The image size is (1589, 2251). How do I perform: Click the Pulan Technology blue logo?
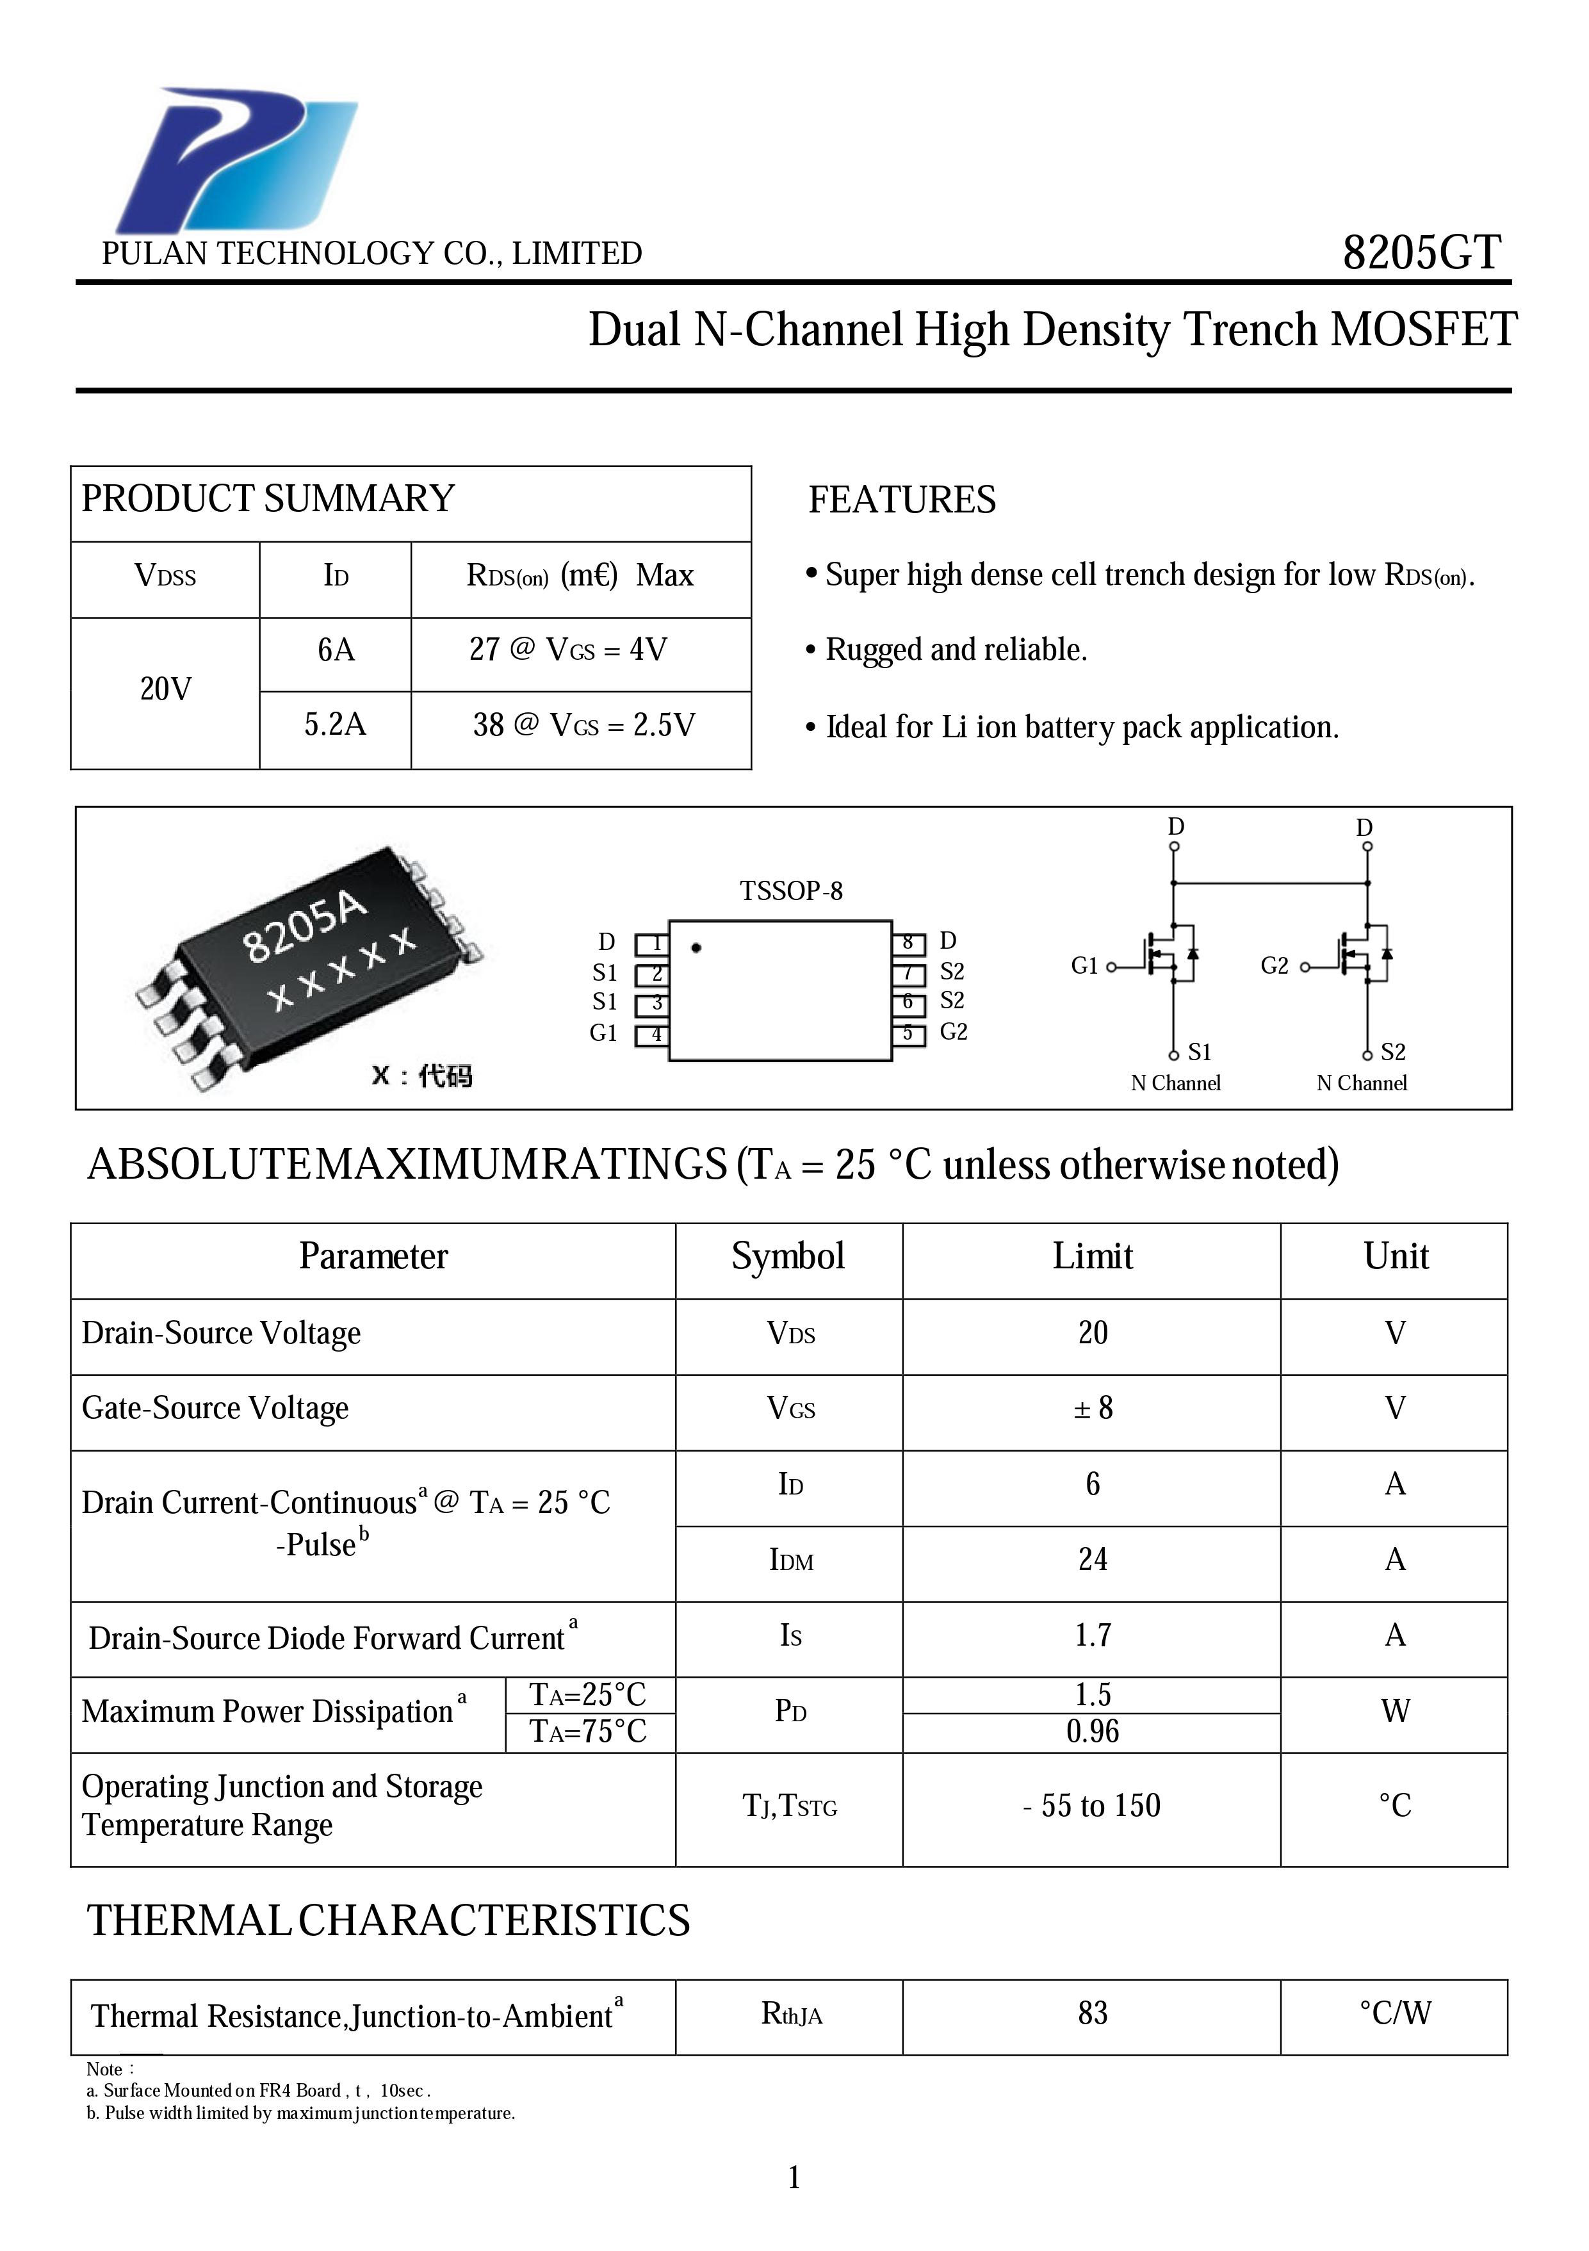click(235, 160)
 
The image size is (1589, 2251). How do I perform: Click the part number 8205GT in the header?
click(1421, 253)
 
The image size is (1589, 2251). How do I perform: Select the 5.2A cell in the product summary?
click(335, 724)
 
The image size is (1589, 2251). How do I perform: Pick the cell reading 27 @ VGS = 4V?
click(569, 650)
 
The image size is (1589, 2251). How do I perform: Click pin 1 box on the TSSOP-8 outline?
click(653, 943)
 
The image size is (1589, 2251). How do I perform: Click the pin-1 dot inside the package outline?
click(696, 948)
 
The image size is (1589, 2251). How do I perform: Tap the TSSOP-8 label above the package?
click(791, 891)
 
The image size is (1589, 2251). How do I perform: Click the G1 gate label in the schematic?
click(1084, 966)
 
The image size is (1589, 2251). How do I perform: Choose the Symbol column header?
click(788, 1257)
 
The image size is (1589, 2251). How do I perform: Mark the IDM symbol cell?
click(791, 1560)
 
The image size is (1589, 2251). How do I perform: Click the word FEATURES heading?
click(902, 500)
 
